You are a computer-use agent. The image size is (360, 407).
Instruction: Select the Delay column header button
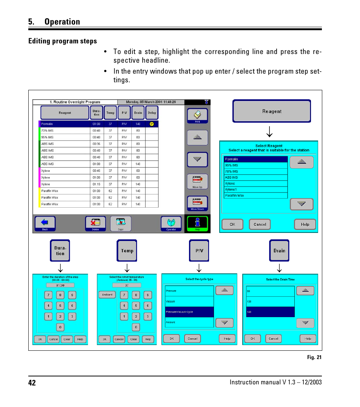click(152, 113)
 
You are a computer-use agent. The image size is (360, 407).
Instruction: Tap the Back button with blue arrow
click(45, 224)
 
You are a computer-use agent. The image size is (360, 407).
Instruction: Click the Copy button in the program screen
click(121, 224)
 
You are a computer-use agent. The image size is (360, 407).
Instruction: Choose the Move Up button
click(197, 181)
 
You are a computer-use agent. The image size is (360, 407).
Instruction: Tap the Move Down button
click(197, 203)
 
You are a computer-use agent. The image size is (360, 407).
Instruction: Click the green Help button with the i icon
click(197, 224)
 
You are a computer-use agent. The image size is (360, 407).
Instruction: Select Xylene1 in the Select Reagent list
click(255, 190)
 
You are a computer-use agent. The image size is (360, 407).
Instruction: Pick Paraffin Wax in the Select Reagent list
click(255, 196)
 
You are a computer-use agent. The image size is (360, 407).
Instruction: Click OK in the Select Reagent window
click(232, 224)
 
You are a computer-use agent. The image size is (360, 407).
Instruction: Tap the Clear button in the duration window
click(67, 339)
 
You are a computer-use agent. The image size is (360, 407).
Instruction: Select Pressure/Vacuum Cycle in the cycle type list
click(189, 312)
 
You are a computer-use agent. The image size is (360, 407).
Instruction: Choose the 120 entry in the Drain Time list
click(270, 302)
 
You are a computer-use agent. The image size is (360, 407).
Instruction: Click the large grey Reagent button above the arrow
click(272, 111)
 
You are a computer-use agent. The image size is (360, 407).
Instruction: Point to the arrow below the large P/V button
click(199, 268)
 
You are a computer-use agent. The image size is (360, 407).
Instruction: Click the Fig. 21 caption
click(314, 357)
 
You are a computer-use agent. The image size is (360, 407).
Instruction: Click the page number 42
click(32, 383)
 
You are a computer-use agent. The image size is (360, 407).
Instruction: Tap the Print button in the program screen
click(197, 116)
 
